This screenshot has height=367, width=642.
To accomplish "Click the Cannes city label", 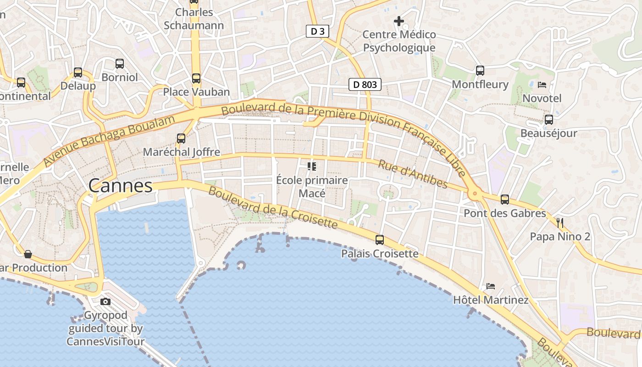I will pos(120,186).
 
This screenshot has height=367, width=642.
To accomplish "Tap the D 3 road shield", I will pos(317,31).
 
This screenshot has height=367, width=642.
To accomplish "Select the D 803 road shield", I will pos(365,84).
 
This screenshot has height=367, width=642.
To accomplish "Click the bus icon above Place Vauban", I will pos(196,78).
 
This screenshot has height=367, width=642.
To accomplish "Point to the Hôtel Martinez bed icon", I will pos(491,286).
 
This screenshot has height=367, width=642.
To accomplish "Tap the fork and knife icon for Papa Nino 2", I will pos(559,223).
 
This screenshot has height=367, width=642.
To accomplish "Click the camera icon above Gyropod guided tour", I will pos(105,301).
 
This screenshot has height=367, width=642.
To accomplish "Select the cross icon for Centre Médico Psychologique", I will pos(399,21).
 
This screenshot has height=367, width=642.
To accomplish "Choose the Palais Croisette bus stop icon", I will pos(380,239).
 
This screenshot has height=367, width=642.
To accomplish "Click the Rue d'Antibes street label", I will pos(412,174).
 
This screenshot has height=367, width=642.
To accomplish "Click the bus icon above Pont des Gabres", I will pos(505,200).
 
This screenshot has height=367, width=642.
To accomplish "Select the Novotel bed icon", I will pos(542,85).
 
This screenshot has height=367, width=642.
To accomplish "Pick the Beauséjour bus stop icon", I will pos(548,120).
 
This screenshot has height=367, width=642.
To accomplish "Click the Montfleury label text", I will pos(480,84).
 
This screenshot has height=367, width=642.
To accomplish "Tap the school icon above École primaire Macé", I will pos(312,166).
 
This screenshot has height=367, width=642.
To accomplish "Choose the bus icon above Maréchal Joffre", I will pos(181,138).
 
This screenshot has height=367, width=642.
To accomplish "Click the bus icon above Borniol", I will pos(120,64).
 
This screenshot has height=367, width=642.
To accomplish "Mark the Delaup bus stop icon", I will pos(78,72).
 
